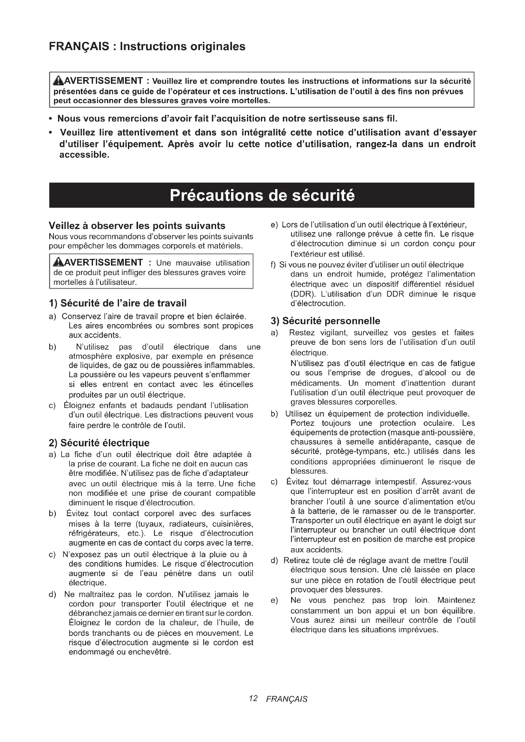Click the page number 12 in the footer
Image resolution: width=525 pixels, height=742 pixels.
(253, 698)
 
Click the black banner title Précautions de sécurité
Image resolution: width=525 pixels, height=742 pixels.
(262, 195)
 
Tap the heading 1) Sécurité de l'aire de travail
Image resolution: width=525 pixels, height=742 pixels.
(118, 303)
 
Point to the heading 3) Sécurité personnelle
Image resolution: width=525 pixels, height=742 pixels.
(326, 321)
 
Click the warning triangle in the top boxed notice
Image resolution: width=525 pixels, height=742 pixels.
(58, 81)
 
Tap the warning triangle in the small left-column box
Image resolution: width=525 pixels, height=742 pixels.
(58, 262)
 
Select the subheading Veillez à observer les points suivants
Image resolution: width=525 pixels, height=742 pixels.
(137, 226)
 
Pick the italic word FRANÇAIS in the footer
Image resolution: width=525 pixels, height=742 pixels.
(287, 699)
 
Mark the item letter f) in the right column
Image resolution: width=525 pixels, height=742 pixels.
(273, 265)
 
